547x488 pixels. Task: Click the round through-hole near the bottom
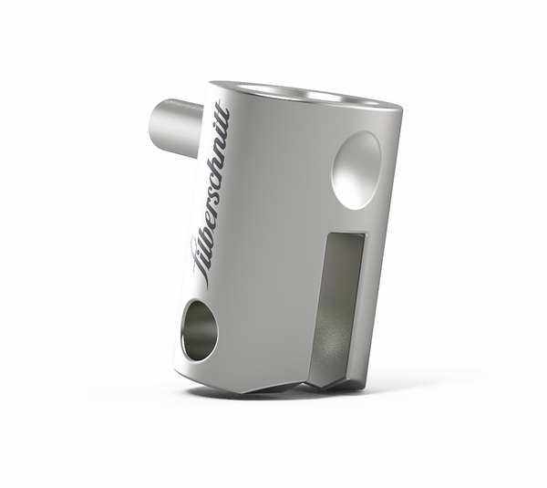[200, 330]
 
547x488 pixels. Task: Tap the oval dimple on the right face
[356, 168]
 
